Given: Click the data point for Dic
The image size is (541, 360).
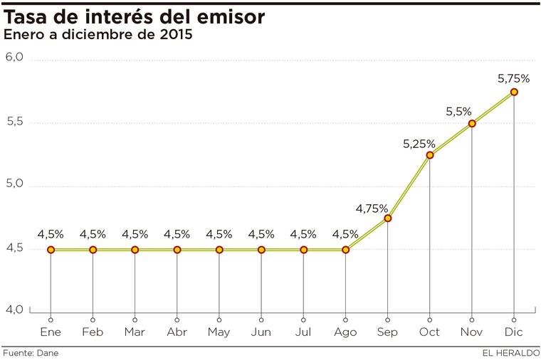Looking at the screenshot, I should [x=514, y=92].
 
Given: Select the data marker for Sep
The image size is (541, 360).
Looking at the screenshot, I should [x=387, y=218].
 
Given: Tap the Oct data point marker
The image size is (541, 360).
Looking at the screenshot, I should [x=430, y=155].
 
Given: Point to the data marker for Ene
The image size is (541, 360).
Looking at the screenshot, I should [x=51, y=250].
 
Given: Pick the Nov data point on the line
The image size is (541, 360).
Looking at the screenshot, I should [x=472, y=124].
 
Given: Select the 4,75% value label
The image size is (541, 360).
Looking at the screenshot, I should [x=372, y=208].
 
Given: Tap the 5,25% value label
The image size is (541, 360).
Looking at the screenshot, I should [x=419, y=144].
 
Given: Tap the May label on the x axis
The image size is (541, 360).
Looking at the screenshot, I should [x=219, y=332].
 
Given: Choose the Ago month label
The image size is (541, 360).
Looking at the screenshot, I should [x=345, y=332].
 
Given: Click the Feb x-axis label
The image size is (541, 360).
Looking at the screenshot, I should [x=93, y=332].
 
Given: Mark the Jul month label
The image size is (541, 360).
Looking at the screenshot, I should [x=303, y=332].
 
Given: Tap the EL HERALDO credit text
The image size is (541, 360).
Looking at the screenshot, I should [x=509, y=353].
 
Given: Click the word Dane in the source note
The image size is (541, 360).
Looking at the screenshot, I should [x=48, y=353].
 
